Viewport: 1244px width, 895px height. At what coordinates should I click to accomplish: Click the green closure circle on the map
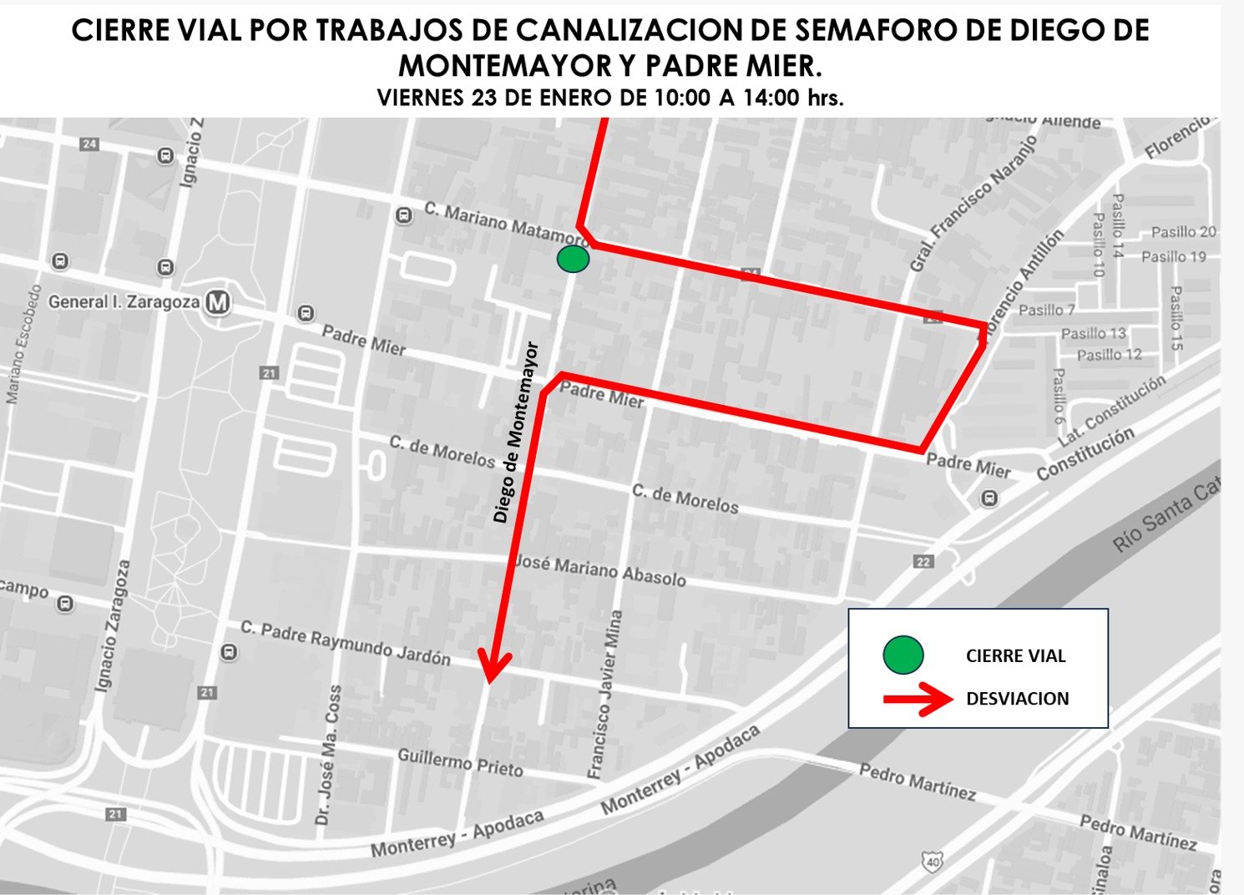tap(573, 260)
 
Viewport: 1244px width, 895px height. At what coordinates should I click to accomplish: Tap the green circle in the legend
tap(903, 655)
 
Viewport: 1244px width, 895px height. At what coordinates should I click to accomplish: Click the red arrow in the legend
tap(918, 699)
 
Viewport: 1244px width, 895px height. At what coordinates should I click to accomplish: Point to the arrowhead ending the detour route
tap(493, 668)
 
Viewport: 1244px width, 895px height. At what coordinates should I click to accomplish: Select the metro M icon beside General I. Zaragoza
tap(218, 301)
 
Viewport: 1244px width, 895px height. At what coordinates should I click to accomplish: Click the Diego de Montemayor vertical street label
tap(516, 432)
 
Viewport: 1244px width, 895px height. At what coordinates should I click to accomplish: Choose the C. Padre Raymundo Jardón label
tap(345, 643)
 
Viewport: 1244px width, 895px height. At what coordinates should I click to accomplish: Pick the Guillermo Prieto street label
tap(460, 761)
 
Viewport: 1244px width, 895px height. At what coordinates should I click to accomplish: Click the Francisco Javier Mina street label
tap(605, 695)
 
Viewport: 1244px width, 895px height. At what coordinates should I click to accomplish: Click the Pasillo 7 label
tap(1046, 310)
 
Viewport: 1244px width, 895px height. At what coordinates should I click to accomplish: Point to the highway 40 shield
tap(932, 859)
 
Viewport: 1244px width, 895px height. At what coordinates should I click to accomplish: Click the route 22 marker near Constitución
tap(923, 562)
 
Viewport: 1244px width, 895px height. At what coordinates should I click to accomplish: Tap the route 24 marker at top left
tap(88, 144)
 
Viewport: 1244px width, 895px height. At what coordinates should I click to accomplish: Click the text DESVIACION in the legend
tap(1017, 699)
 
